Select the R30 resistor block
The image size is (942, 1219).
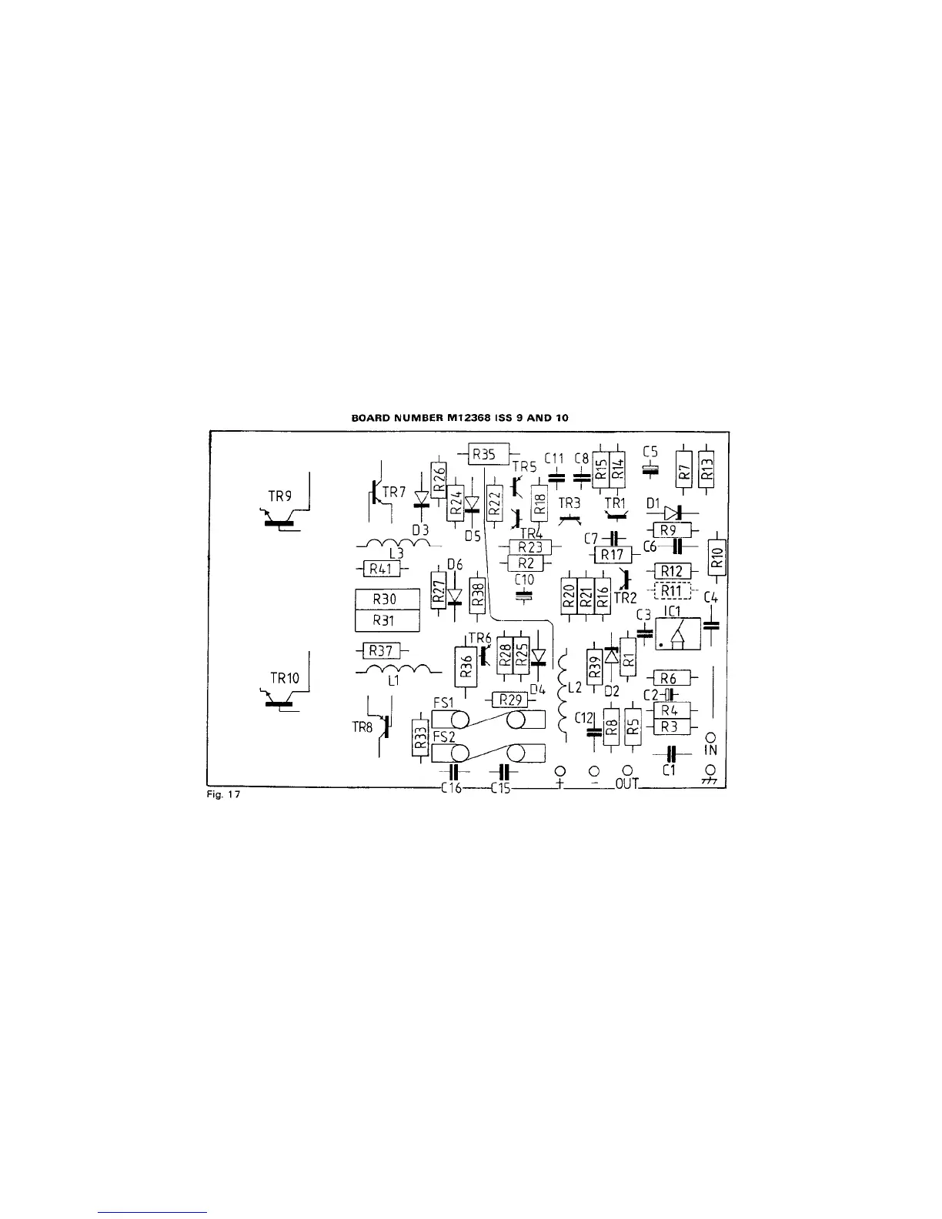pos(387,599)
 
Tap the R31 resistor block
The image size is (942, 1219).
pos(387,620)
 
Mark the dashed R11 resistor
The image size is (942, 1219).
pos(672,591)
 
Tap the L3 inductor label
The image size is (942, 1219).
pos(396,553)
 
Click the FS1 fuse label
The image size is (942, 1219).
pos(443,703)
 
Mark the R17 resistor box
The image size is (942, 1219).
pos(613,554)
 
